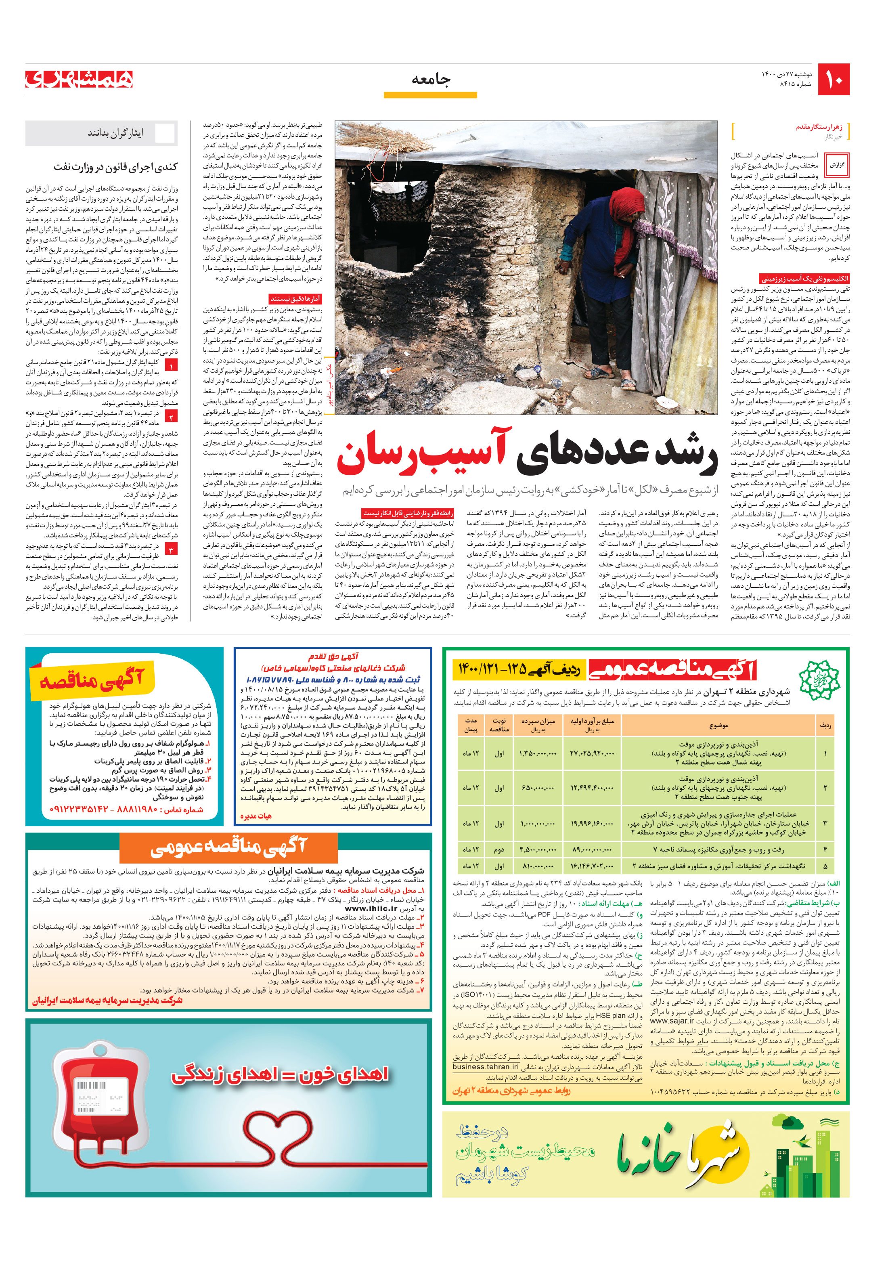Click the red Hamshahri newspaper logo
click(79, 79)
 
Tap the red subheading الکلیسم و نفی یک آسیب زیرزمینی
click(804, 279)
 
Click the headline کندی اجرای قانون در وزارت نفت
click(115, 166)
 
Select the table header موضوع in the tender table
click(718, 725)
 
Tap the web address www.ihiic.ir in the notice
click(371, 908)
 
